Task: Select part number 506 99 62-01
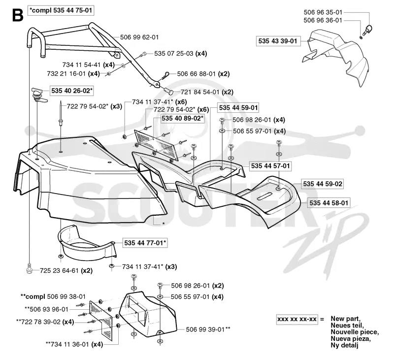pyautogui.click(x=139, y=37)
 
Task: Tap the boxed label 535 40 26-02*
pyautogui.click(x=72, y=91)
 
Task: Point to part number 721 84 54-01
pyautogui.click(x=200, y=92)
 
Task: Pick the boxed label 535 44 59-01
pyautogui.click(x=238, y=108)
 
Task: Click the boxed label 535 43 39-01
pyautogui.click(x=278, y=41)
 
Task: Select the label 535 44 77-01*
pyautogui.click(x=145, y=243)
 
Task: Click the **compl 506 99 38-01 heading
pyautogui.click(x=53, y=296)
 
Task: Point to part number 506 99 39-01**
pyautogui.click(x=208, y=329)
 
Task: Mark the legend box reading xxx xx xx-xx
pyautogui.click(x=297, y=319)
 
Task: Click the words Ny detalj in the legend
pyautogui.click(x=344, y=345)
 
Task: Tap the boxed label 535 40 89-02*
pyautogui.click(x=182, y=118)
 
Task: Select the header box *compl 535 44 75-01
pyautogui.click(x=61, y=10)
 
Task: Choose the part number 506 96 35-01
pyautogui.click(x=323, y=12)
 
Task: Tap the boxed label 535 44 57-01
pyautogui.click(x=270, y=166)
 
